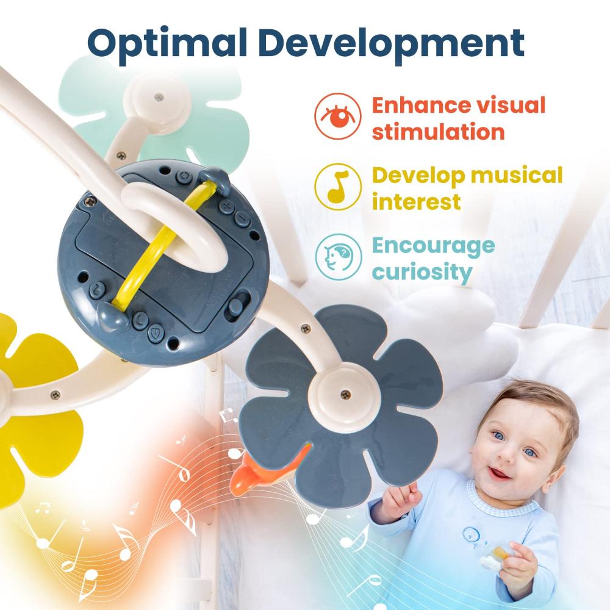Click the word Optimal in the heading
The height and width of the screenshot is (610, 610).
click(x=167, y=43)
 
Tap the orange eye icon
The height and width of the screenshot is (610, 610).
click(x=338, y=116)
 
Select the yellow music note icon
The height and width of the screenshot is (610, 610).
click(x=338, y=187)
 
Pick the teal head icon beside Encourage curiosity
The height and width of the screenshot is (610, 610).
click(x=338, y=257)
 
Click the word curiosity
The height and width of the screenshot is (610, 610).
click(x=422, y=272)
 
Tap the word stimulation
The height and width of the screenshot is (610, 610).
click(x=439, y=132)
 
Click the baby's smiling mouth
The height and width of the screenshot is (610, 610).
click(x=499, y=473)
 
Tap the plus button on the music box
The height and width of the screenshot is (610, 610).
click(x=226, y=206)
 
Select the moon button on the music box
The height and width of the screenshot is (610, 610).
click(x=140, y=320)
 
